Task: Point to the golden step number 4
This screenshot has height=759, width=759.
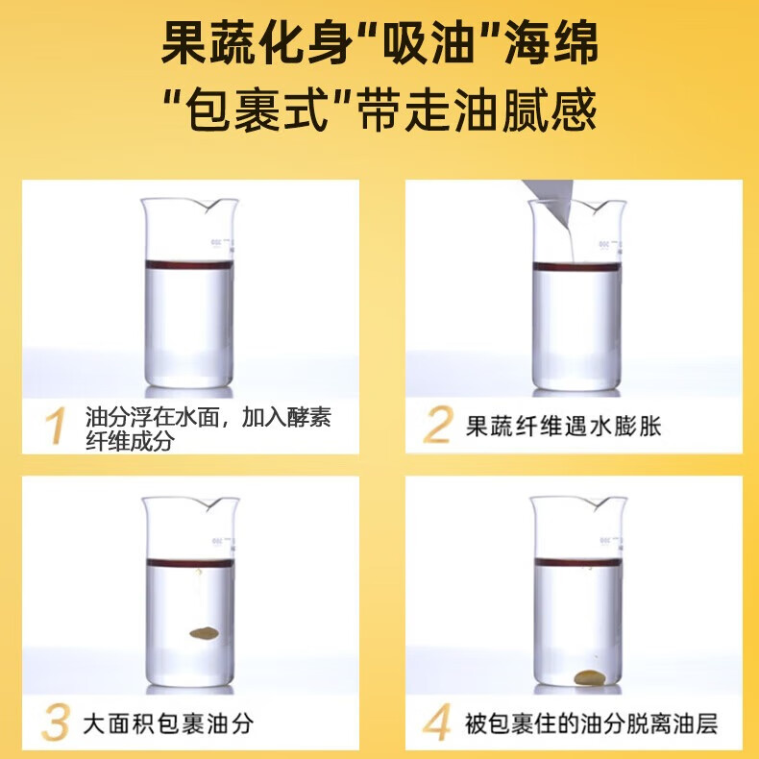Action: coord(438,722)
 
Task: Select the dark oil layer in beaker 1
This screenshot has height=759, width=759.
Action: coord(186,264)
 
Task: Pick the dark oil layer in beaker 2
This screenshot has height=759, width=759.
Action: coord(574,266)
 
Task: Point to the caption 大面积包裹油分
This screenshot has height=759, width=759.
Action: coord(168,722)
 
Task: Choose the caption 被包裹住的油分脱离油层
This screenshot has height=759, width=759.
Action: coord(592,722)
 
